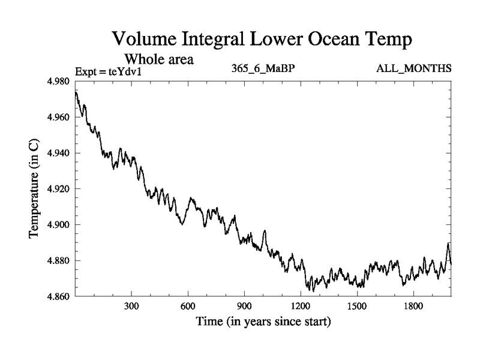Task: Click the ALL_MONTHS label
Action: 413,69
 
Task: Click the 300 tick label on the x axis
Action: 131,306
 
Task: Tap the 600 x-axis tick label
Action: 188,306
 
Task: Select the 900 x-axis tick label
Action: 244,306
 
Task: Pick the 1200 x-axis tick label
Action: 301,306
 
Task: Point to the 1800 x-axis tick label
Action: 413,306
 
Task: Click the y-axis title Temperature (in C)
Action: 35,189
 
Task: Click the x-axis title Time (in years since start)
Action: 263,322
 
